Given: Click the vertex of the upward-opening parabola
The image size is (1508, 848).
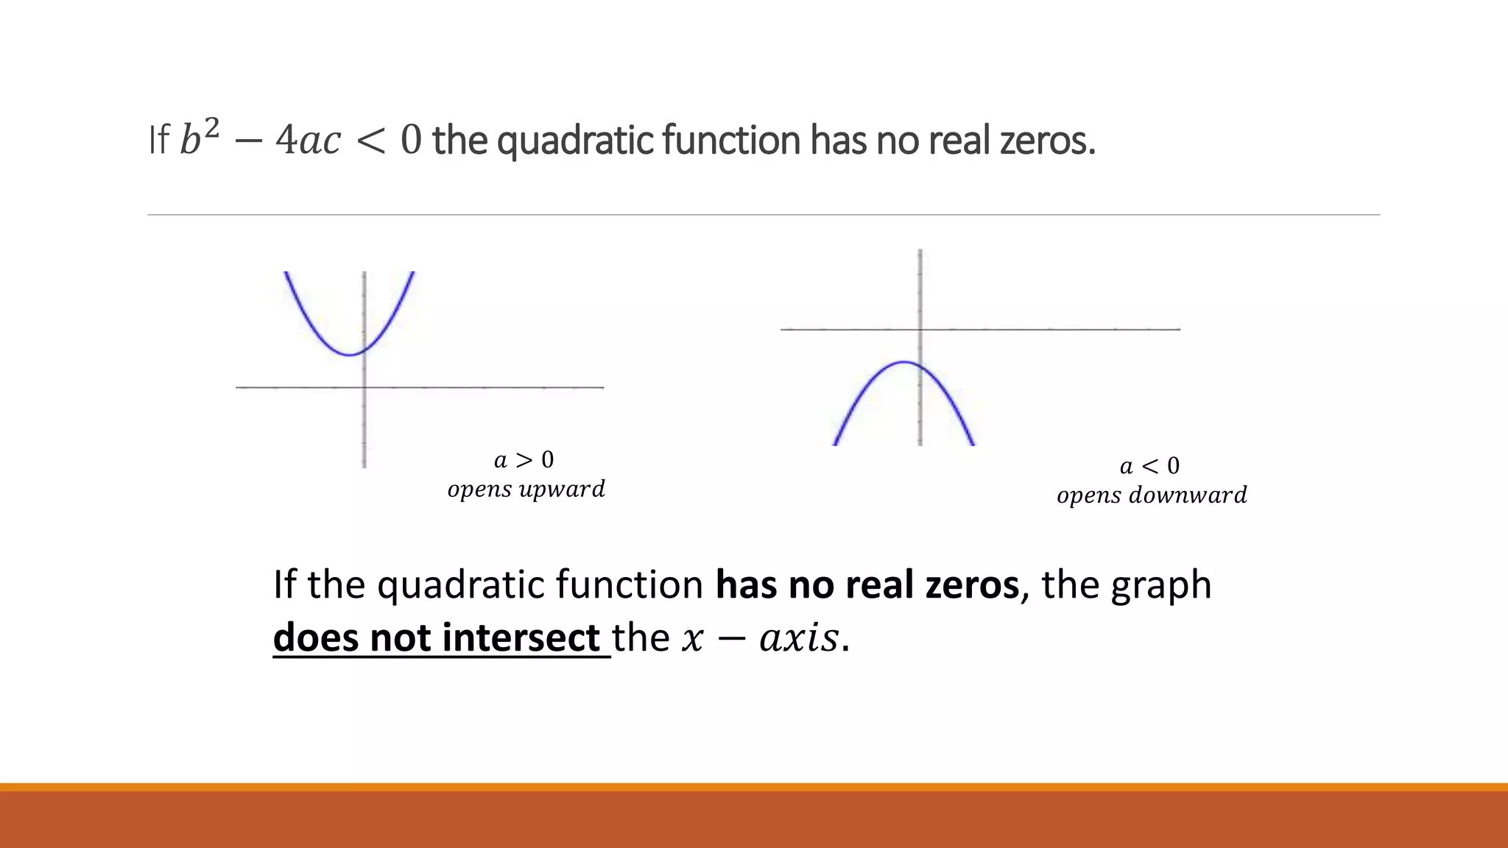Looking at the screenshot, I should click(350, 355).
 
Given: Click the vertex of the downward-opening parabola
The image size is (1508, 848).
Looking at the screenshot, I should click(905, 362).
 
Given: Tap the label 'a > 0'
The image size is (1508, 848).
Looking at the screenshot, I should click(524, 460).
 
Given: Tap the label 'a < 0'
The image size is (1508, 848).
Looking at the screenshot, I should click(1149, 466).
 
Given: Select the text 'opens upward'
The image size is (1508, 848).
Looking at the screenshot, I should click(526, 490).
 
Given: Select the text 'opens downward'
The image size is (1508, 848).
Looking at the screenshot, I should click(1152, 495).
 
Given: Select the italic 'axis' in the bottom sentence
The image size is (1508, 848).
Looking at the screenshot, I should click(799, 637).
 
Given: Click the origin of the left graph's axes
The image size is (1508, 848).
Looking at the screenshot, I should click(364, 387).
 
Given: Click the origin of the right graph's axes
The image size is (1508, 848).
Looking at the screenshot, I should click(920, 329).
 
